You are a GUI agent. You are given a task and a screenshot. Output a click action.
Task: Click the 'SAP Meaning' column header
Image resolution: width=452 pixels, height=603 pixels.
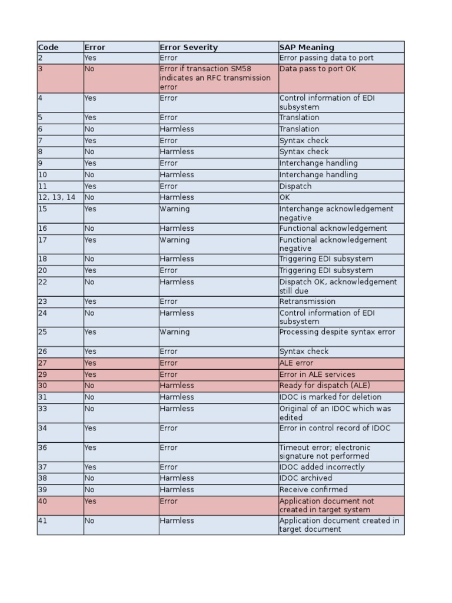(307, 47)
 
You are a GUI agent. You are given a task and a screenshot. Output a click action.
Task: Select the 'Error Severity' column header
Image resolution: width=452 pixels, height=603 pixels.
(188, 47)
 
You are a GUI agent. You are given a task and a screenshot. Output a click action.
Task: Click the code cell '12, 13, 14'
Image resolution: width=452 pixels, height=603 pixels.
(57, 198)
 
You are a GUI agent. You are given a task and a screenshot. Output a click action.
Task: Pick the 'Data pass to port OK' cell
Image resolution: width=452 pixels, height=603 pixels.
(318, 69)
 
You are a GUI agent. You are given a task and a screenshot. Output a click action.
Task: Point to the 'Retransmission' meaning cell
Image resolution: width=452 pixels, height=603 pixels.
(307, 301)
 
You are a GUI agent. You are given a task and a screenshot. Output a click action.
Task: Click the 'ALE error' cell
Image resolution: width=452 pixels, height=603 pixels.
(297, 363)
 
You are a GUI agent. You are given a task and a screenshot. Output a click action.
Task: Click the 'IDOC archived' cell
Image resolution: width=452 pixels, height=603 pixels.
(305, 478)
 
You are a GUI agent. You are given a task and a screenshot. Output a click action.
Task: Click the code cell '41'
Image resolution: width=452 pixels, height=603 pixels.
(43, 521)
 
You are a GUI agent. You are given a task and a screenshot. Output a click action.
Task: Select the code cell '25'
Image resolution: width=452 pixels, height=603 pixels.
(43, 332)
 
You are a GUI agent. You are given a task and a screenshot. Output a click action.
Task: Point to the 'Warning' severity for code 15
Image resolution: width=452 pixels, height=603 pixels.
(175, 209)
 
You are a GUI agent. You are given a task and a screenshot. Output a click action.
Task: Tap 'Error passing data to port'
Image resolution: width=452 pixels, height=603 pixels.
(327, 58)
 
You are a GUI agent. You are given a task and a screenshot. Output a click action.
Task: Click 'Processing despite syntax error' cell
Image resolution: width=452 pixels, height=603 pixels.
(337, 332)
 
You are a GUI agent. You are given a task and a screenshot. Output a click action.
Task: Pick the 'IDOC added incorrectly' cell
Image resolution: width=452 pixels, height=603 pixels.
(322, 467)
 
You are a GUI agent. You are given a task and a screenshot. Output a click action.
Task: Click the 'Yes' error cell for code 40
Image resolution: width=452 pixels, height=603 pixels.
(90, 502)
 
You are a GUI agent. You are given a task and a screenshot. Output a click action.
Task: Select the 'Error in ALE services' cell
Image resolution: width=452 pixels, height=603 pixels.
(317, 375)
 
